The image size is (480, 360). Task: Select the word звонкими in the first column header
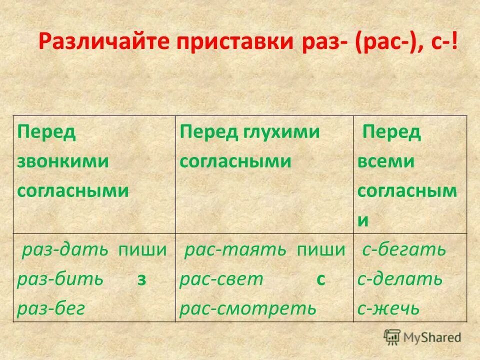(62, 161)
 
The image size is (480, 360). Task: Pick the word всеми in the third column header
(386, 161)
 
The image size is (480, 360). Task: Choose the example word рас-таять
(235, 250)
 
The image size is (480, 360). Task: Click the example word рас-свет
(221, 279)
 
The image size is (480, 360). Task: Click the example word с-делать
(400, 279)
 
